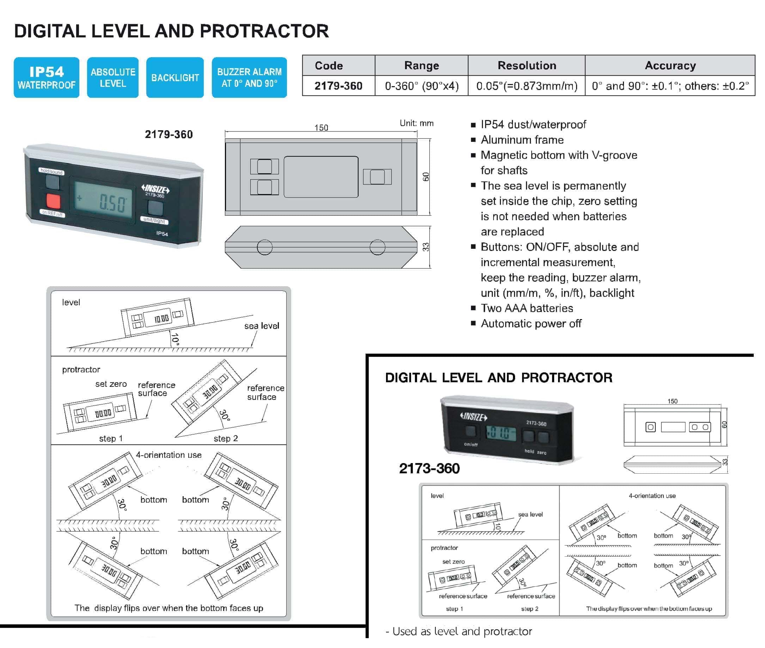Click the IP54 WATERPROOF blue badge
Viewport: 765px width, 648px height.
(46, 78)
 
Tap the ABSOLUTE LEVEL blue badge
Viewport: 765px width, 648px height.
(113, 78)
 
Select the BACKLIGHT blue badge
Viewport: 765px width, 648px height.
(175, 78)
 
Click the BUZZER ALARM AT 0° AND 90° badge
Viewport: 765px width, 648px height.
(249, 78)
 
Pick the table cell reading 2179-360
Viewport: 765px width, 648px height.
(338, 86)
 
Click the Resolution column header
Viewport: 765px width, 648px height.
(527, 65)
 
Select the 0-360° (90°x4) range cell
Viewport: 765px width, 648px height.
(421, 86)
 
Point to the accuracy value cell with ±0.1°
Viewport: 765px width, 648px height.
(669, 86)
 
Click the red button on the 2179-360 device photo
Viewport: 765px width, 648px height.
(53, 201)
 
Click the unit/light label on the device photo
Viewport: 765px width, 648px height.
(154, 220)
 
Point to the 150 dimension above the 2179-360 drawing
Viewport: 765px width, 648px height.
(321, 127)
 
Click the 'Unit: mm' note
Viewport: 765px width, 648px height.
(416, 123)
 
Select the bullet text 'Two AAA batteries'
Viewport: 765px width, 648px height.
(527, 308)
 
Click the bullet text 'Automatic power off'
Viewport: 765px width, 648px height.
(531, 323)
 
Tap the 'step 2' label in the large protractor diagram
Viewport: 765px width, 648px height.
(225, 438)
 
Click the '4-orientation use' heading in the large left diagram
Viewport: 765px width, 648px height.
(169, 455)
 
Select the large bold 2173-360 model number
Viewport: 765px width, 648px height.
(429, 468)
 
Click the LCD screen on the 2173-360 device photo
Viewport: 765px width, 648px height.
(501, 433)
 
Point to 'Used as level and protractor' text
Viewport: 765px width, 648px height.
(461, 631)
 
